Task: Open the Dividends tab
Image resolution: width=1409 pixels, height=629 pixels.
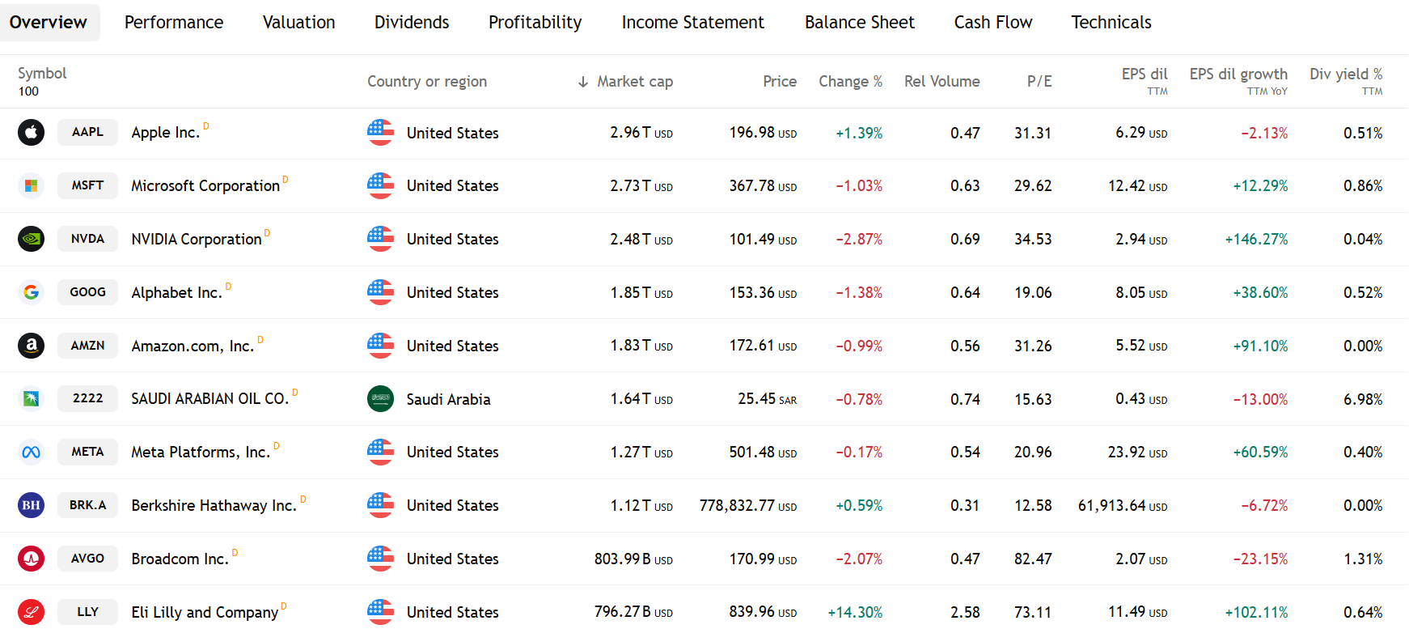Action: pos(412,23)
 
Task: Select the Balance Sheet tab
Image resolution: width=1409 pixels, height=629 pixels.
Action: pos(860,23)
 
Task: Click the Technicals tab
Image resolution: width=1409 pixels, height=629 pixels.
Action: pos(1111,23)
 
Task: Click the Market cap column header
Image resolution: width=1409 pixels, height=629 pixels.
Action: pos(635,82)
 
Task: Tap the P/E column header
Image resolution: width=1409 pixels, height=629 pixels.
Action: pos(1039,82)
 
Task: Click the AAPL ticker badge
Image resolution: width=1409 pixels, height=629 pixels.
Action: pos(87,132)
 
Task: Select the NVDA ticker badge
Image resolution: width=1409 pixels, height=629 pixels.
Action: pos(87,239)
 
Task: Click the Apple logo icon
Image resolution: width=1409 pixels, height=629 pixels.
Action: pos(31,132)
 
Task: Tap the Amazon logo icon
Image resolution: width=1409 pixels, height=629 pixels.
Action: pos(31,346)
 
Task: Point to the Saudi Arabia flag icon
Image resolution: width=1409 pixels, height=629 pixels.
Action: pos(380,399)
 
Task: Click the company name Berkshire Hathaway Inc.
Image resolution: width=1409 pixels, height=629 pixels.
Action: pos(214,506)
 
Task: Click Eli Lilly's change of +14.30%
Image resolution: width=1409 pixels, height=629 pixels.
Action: pos(855,613)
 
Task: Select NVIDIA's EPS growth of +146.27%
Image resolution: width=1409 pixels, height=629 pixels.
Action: pos(1256,240)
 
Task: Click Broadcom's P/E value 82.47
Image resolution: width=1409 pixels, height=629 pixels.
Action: pos(1033,559)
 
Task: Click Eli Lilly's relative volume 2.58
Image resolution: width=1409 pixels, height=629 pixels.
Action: pos(965,613)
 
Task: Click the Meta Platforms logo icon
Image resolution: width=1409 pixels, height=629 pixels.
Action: pos(31,453)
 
